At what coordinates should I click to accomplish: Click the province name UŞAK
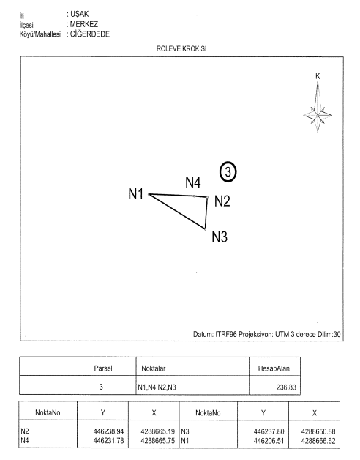click(x=80, y=14)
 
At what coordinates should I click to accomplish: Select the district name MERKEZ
click(x=84, y=24)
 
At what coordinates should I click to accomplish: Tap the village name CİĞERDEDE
click(x=90, y=34)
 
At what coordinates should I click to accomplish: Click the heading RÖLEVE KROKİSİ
click(x=181, y=48)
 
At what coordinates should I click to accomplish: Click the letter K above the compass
click(x=318, y=76)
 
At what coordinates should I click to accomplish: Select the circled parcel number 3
click(x=228, y=172)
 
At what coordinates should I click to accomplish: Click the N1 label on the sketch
click(x=136, y=194)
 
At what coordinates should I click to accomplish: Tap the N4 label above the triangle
click(x=193, y=182)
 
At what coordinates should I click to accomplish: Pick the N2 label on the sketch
click(x=222, y=201)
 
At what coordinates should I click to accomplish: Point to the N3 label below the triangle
click(x=220, y=237)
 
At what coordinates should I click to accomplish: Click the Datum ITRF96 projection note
click(x=267, y=334)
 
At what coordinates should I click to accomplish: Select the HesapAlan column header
click(x=274, y=368)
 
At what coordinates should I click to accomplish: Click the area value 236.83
click(x=286, y=387)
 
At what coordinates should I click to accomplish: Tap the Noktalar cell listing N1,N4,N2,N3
click(x=157, y=387)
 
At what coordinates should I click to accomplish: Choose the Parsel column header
click(x=103, y=368)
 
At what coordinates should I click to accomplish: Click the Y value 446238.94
click(x=108, y=431)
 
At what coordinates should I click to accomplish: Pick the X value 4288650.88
click(x=318, y=431)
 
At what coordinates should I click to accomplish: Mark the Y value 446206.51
click(x=269, y=441)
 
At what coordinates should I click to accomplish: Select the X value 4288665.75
click(x=158, y=441)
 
